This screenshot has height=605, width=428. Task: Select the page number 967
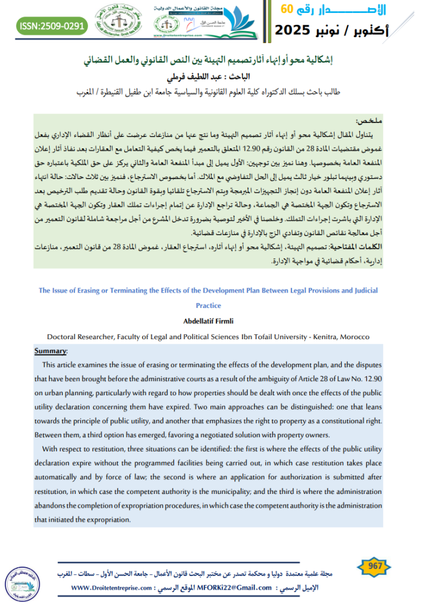coord(375,565)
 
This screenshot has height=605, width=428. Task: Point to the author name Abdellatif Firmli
coord(209,321)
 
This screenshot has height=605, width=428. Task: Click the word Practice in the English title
coord(208,305)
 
